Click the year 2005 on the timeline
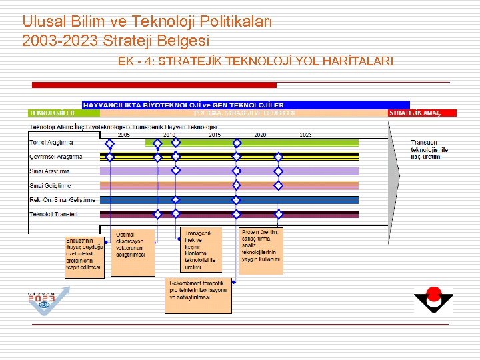[x=124, y=135]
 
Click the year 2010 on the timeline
[x=169, y=135]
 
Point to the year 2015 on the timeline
[x=215, y=135]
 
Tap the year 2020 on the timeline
[x=261, y=135]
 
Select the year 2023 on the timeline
[x=305, y=135]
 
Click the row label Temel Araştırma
[x=51, y=143]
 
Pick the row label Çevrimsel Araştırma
[x=56, y=157]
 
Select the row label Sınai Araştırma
[x=50, y=171]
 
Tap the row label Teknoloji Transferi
[x=54, y=214]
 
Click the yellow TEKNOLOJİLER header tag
[x=53, y=113]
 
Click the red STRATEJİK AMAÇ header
[x=423, y=113]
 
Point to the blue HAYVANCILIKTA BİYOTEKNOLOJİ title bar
[x=237, y=105]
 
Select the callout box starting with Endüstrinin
[x=84, y=257]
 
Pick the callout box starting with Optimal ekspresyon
[x=133, y=252]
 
